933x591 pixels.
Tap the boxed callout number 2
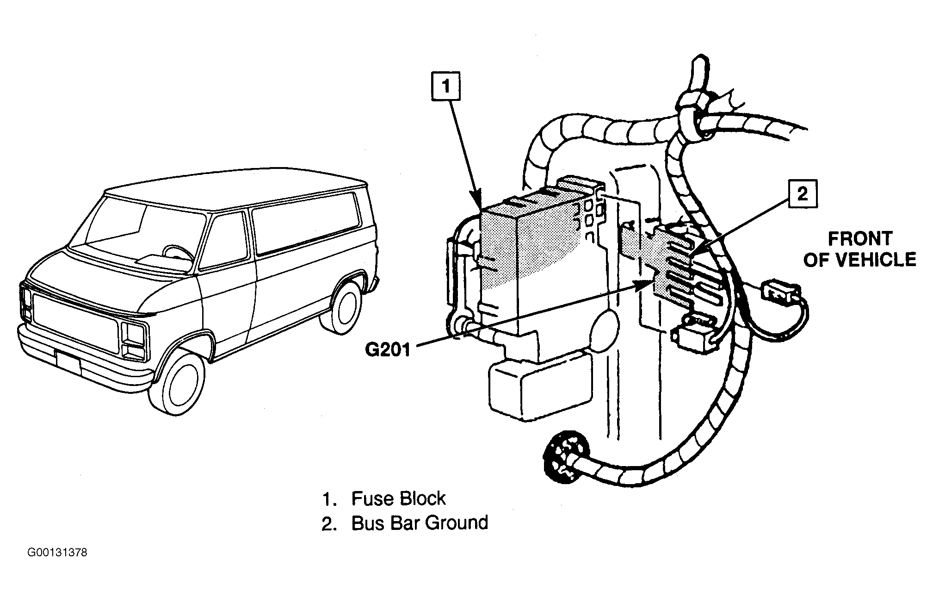point(803,194)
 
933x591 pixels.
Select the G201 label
point(388,349)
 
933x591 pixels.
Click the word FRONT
point(860,239)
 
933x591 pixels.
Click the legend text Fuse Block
point(398,498)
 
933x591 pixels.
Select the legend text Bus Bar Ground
point(420,523)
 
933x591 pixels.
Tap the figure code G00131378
point(57,553)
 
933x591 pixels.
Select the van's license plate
point(68,363)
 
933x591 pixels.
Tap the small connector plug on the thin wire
point(782,292)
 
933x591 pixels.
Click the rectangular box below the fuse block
point(539,386)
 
